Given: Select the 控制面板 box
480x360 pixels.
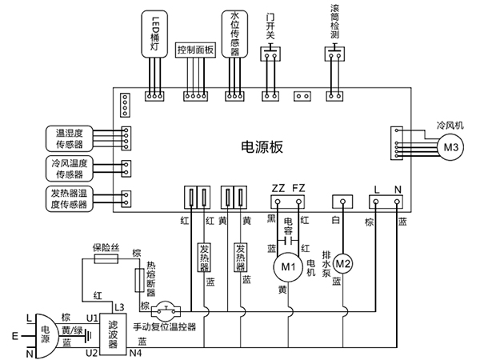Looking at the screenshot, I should (195, 50).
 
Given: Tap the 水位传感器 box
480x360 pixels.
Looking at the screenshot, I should (234, 32).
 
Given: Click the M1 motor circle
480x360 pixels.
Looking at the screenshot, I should (286, 265).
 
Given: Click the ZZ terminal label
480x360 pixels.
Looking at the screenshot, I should (278, 188).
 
